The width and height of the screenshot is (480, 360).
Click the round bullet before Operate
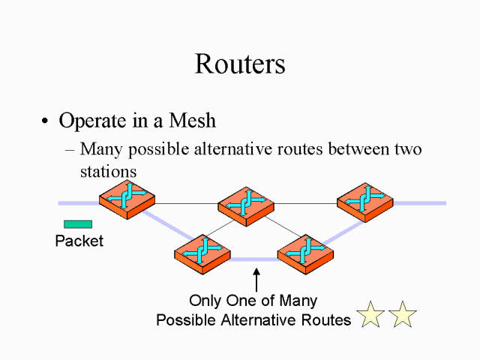[x=46, y=122]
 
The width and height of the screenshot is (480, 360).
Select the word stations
[x=108, y=171]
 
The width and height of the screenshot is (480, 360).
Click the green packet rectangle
[x=78, y=223]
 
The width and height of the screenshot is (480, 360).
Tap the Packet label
[x=79, y=241]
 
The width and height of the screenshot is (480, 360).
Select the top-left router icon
[x=127, y=199]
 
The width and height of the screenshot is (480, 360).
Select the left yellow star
[x=370, y=316]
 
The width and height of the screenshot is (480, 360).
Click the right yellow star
[x=403, y=316]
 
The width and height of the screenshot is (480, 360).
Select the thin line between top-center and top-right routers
[x=306, y=203]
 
